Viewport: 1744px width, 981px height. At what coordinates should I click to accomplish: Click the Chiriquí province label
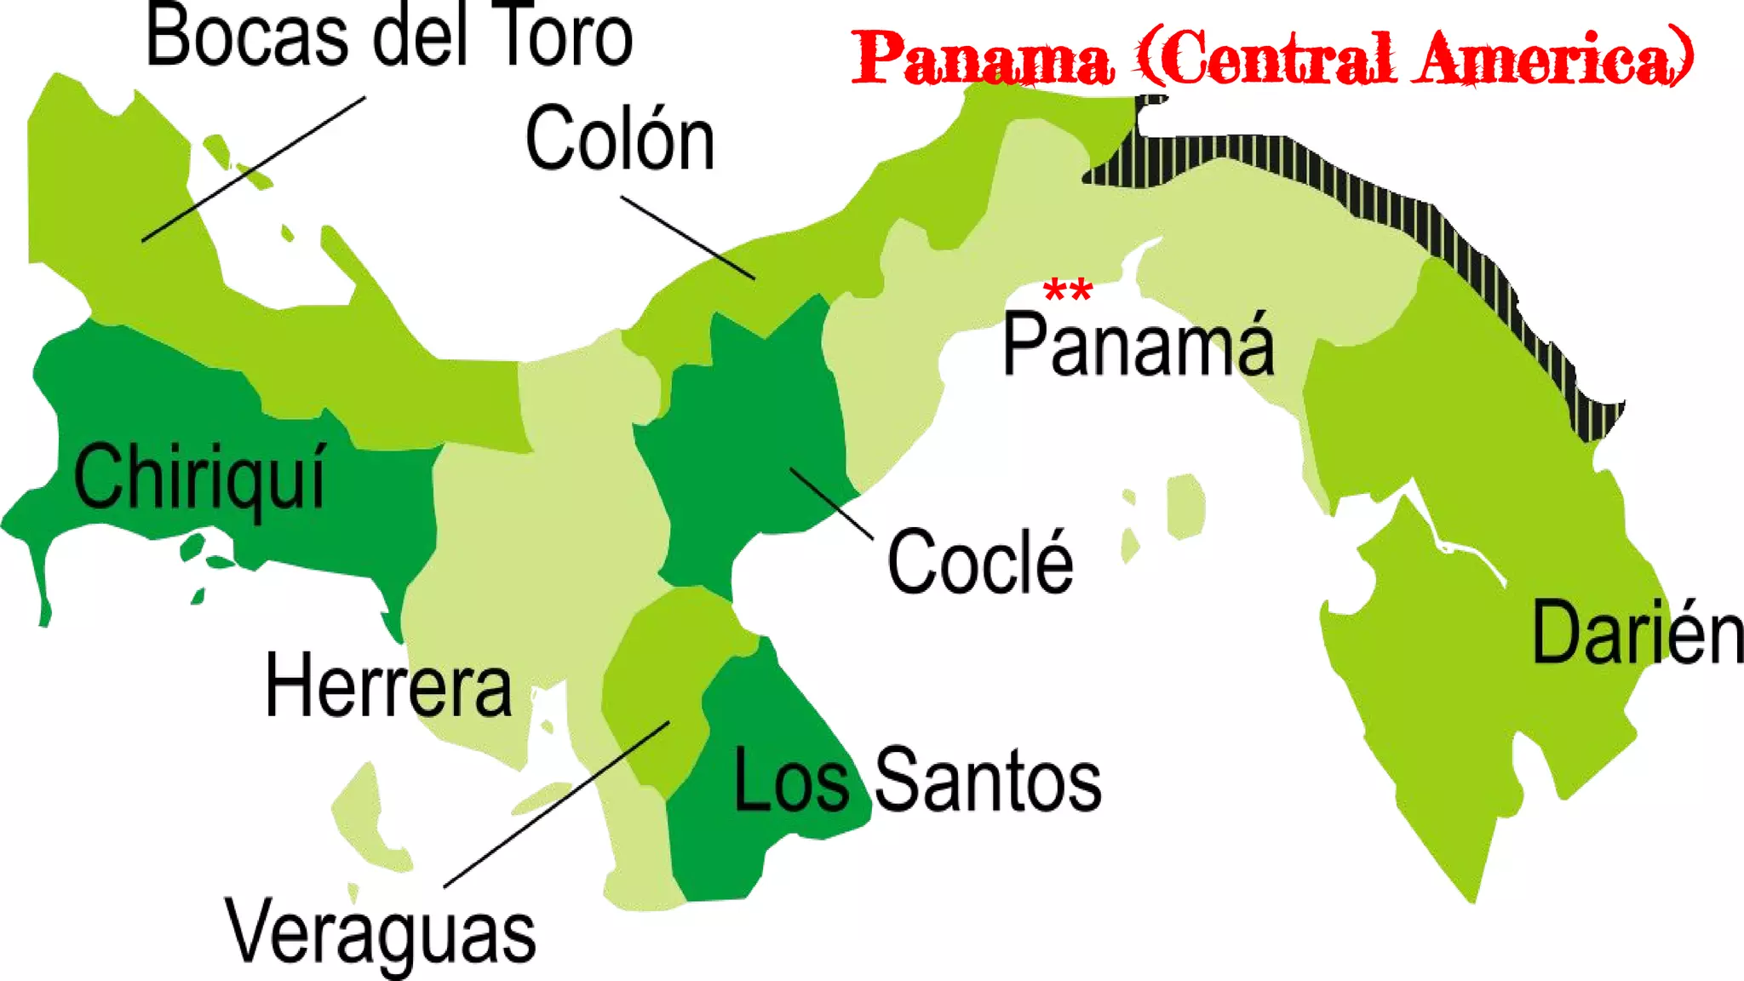199,477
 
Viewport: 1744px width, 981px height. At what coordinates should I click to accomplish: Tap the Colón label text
620,139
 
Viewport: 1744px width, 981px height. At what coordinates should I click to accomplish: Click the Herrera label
388,686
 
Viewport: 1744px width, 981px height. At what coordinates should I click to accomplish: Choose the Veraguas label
380,932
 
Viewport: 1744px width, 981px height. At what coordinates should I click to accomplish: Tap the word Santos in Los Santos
988,779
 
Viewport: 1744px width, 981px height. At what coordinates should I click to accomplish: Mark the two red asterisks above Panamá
1068,290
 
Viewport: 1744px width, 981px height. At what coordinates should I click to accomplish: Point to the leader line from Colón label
688,238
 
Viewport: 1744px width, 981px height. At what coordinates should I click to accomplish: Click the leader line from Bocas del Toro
254,169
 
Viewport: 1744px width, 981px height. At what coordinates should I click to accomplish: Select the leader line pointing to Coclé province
831,503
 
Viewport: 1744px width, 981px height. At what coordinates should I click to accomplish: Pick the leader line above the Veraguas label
557,805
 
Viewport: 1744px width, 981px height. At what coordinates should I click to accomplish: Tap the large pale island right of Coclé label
1185,506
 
